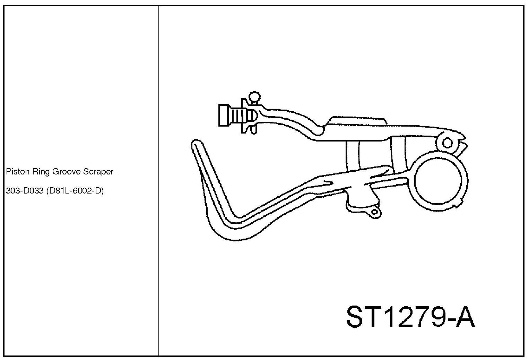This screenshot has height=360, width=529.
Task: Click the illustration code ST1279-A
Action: pos(410,317)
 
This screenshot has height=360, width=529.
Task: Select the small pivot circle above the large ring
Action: pos(448,143)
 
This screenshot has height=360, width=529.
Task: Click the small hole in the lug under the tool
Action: pos(374,212)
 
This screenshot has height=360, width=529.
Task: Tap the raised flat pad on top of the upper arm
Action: pos(357,121)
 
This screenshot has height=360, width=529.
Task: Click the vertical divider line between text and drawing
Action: pos(159,180)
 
